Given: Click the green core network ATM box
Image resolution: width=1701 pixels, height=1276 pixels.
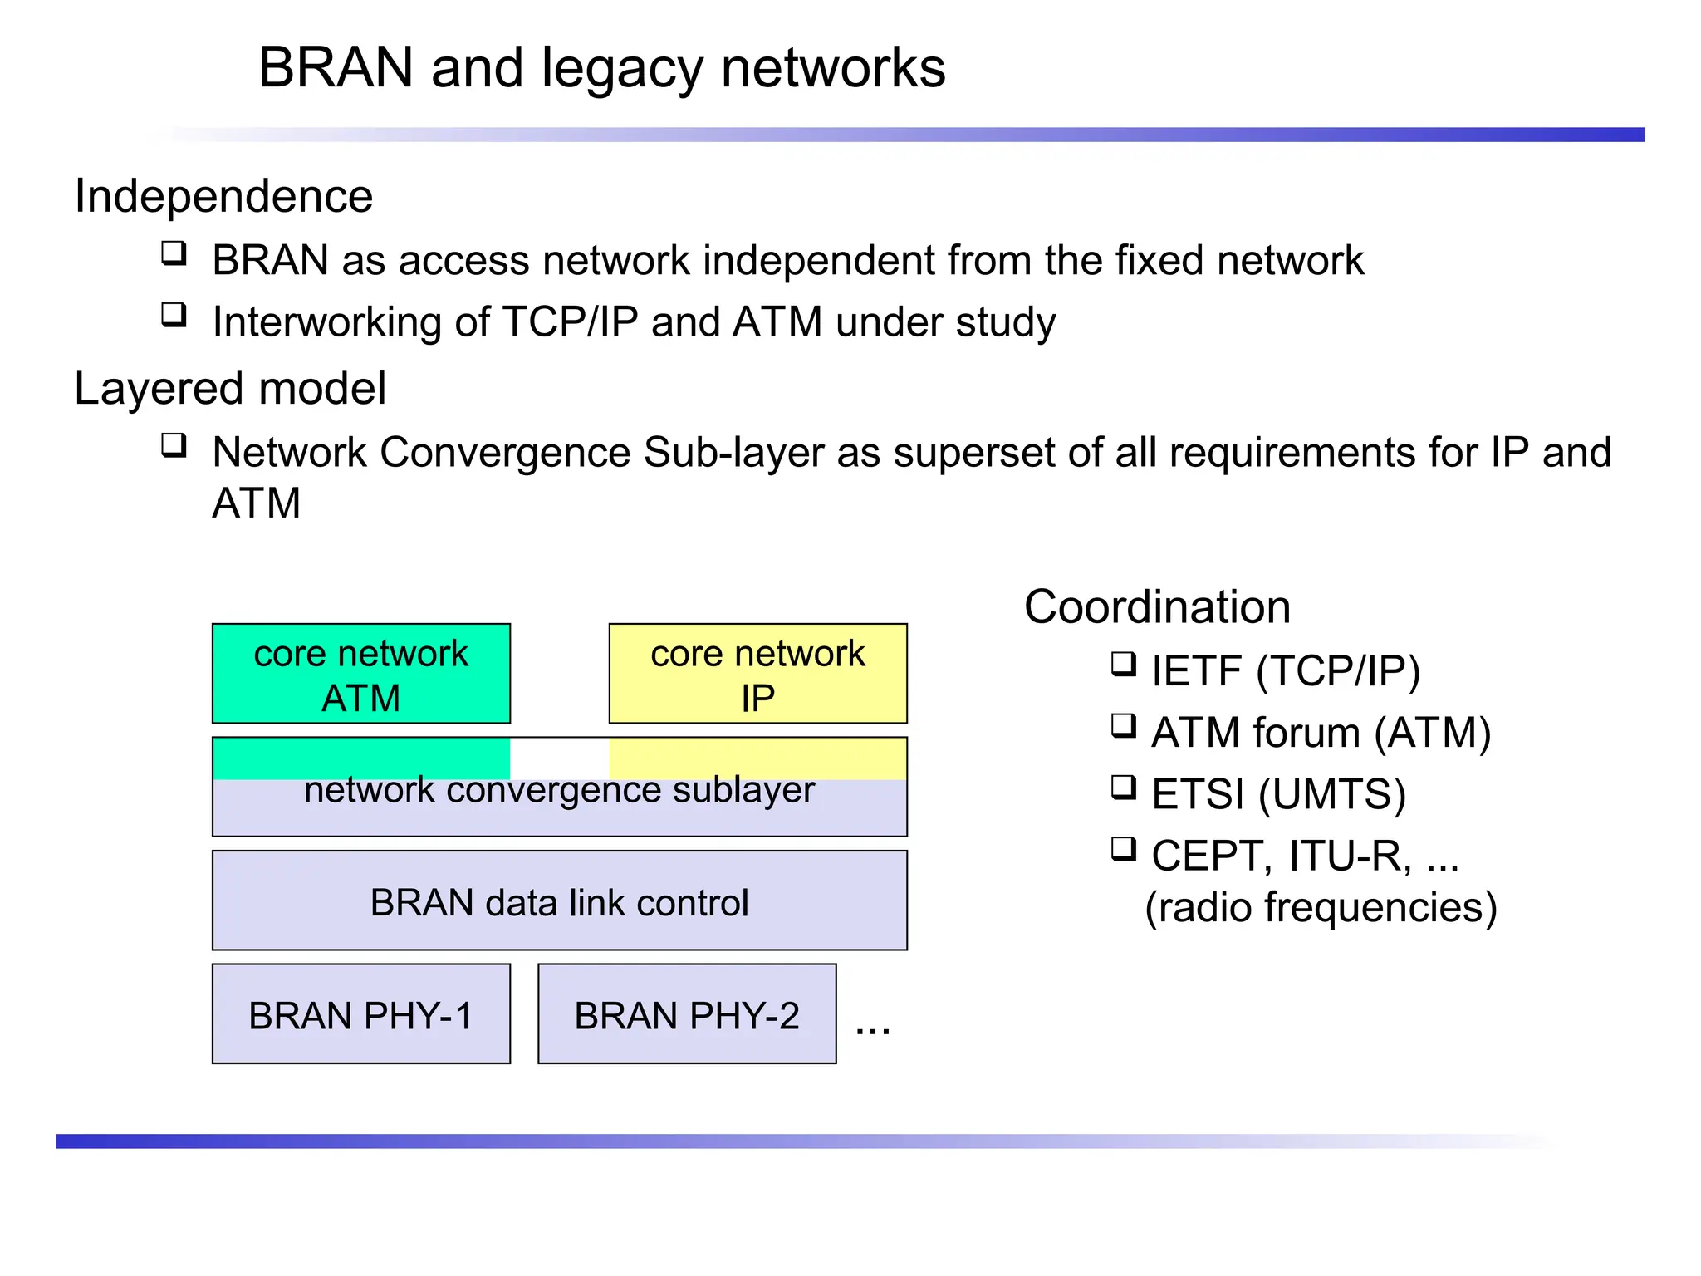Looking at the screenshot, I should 361,674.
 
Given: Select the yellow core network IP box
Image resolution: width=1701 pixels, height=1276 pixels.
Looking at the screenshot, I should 757,674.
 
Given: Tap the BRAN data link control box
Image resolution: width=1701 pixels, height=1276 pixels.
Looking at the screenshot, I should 559,901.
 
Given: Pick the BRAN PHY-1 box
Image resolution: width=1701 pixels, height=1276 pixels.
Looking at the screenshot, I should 361,1014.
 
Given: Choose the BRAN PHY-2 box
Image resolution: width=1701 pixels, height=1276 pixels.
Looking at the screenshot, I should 687,1014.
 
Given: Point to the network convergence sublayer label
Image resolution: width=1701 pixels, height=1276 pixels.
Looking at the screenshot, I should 559,790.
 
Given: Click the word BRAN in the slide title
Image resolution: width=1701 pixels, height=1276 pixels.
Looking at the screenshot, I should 336,67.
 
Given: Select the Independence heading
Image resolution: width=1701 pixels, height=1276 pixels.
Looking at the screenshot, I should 223,197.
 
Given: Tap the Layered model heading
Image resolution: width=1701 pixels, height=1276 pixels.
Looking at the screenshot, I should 230,388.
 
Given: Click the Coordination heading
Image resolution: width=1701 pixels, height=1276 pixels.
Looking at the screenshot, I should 1157,607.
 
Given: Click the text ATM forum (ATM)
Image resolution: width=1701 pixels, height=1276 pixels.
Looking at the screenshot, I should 1321,734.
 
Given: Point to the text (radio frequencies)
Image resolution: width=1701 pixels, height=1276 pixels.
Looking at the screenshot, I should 1321,907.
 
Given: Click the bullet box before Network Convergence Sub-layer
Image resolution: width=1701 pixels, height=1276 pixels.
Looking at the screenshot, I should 174,446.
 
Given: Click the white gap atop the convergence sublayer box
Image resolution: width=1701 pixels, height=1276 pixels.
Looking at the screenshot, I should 559,756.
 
